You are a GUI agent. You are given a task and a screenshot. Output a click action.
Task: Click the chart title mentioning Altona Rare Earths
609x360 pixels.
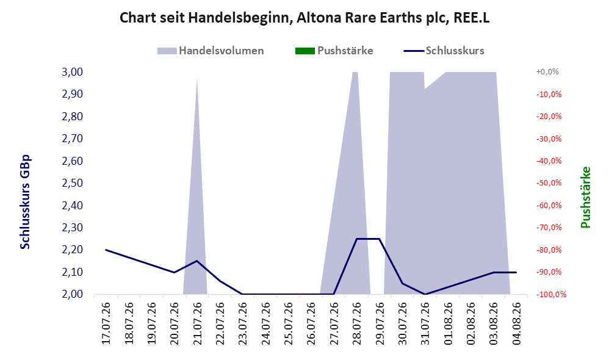click(x=304, y=18)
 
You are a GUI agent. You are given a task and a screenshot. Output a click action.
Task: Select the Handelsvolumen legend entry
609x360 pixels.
click(x=211, y=51)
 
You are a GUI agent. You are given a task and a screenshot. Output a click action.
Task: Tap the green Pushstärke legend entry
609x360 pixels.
click(x=334, y=51)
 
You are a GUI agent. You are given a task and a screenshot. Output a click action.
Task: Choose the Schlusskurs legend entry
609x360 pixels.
click(x=444, y=51)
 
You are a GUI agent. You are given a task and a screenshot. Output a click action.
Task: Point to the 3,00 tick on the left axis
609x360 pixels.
click(x=73, y=72)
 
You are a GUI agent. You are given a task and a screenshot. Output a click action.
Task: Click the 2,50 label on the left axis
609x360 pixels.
click(x=73, y=183)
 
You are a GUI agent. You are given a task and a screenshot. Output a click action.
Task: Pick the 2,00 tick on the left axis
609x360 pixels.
click(x=73, y=294)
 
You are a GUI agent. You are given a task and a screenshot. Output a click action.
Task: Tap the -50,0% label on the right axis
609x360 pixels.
click(x=549, y=183)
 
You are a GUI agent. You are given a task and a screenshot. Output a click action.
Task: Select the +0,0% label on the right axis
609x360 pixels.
click(x=547, y=72)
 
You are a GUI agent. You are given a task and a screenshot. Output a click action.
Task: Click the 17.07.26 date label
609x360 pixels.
click(x=106, y=323)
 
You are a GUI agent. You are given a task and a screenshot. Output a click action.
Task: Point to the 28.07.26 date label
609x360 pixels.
click(x=356, y=323)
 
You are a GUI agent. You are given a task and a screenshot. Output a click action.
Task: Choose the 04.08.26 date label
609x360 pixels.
click(x=516, y=323)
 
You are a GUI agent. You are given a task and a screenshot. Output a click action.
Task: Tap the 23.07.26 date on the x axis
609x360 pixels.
click(x=243, y=323)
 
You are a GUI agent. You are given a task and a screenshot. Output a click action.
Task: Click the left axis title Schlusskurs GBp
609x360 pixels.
click(x=25, y=202)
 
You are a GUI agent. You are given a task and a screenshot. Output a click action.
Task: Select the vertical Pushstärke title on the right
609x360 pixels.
click(x=585, y=197)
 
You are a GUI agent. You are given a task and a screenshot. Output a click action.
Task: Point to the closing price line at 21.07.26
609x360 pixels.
click(x=197, y=261)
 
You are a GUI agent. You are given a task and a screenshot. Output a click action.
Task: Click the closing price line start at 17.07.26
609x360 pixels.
click(x=106, y=250)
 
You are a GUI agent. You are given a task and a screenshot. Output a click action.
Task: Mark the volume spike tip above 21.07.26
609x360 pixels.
click(x=197, y=77)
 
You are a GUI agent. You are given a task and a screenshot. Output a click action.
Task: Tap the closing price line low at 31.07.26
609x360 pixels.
click(x=425, y=294)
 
